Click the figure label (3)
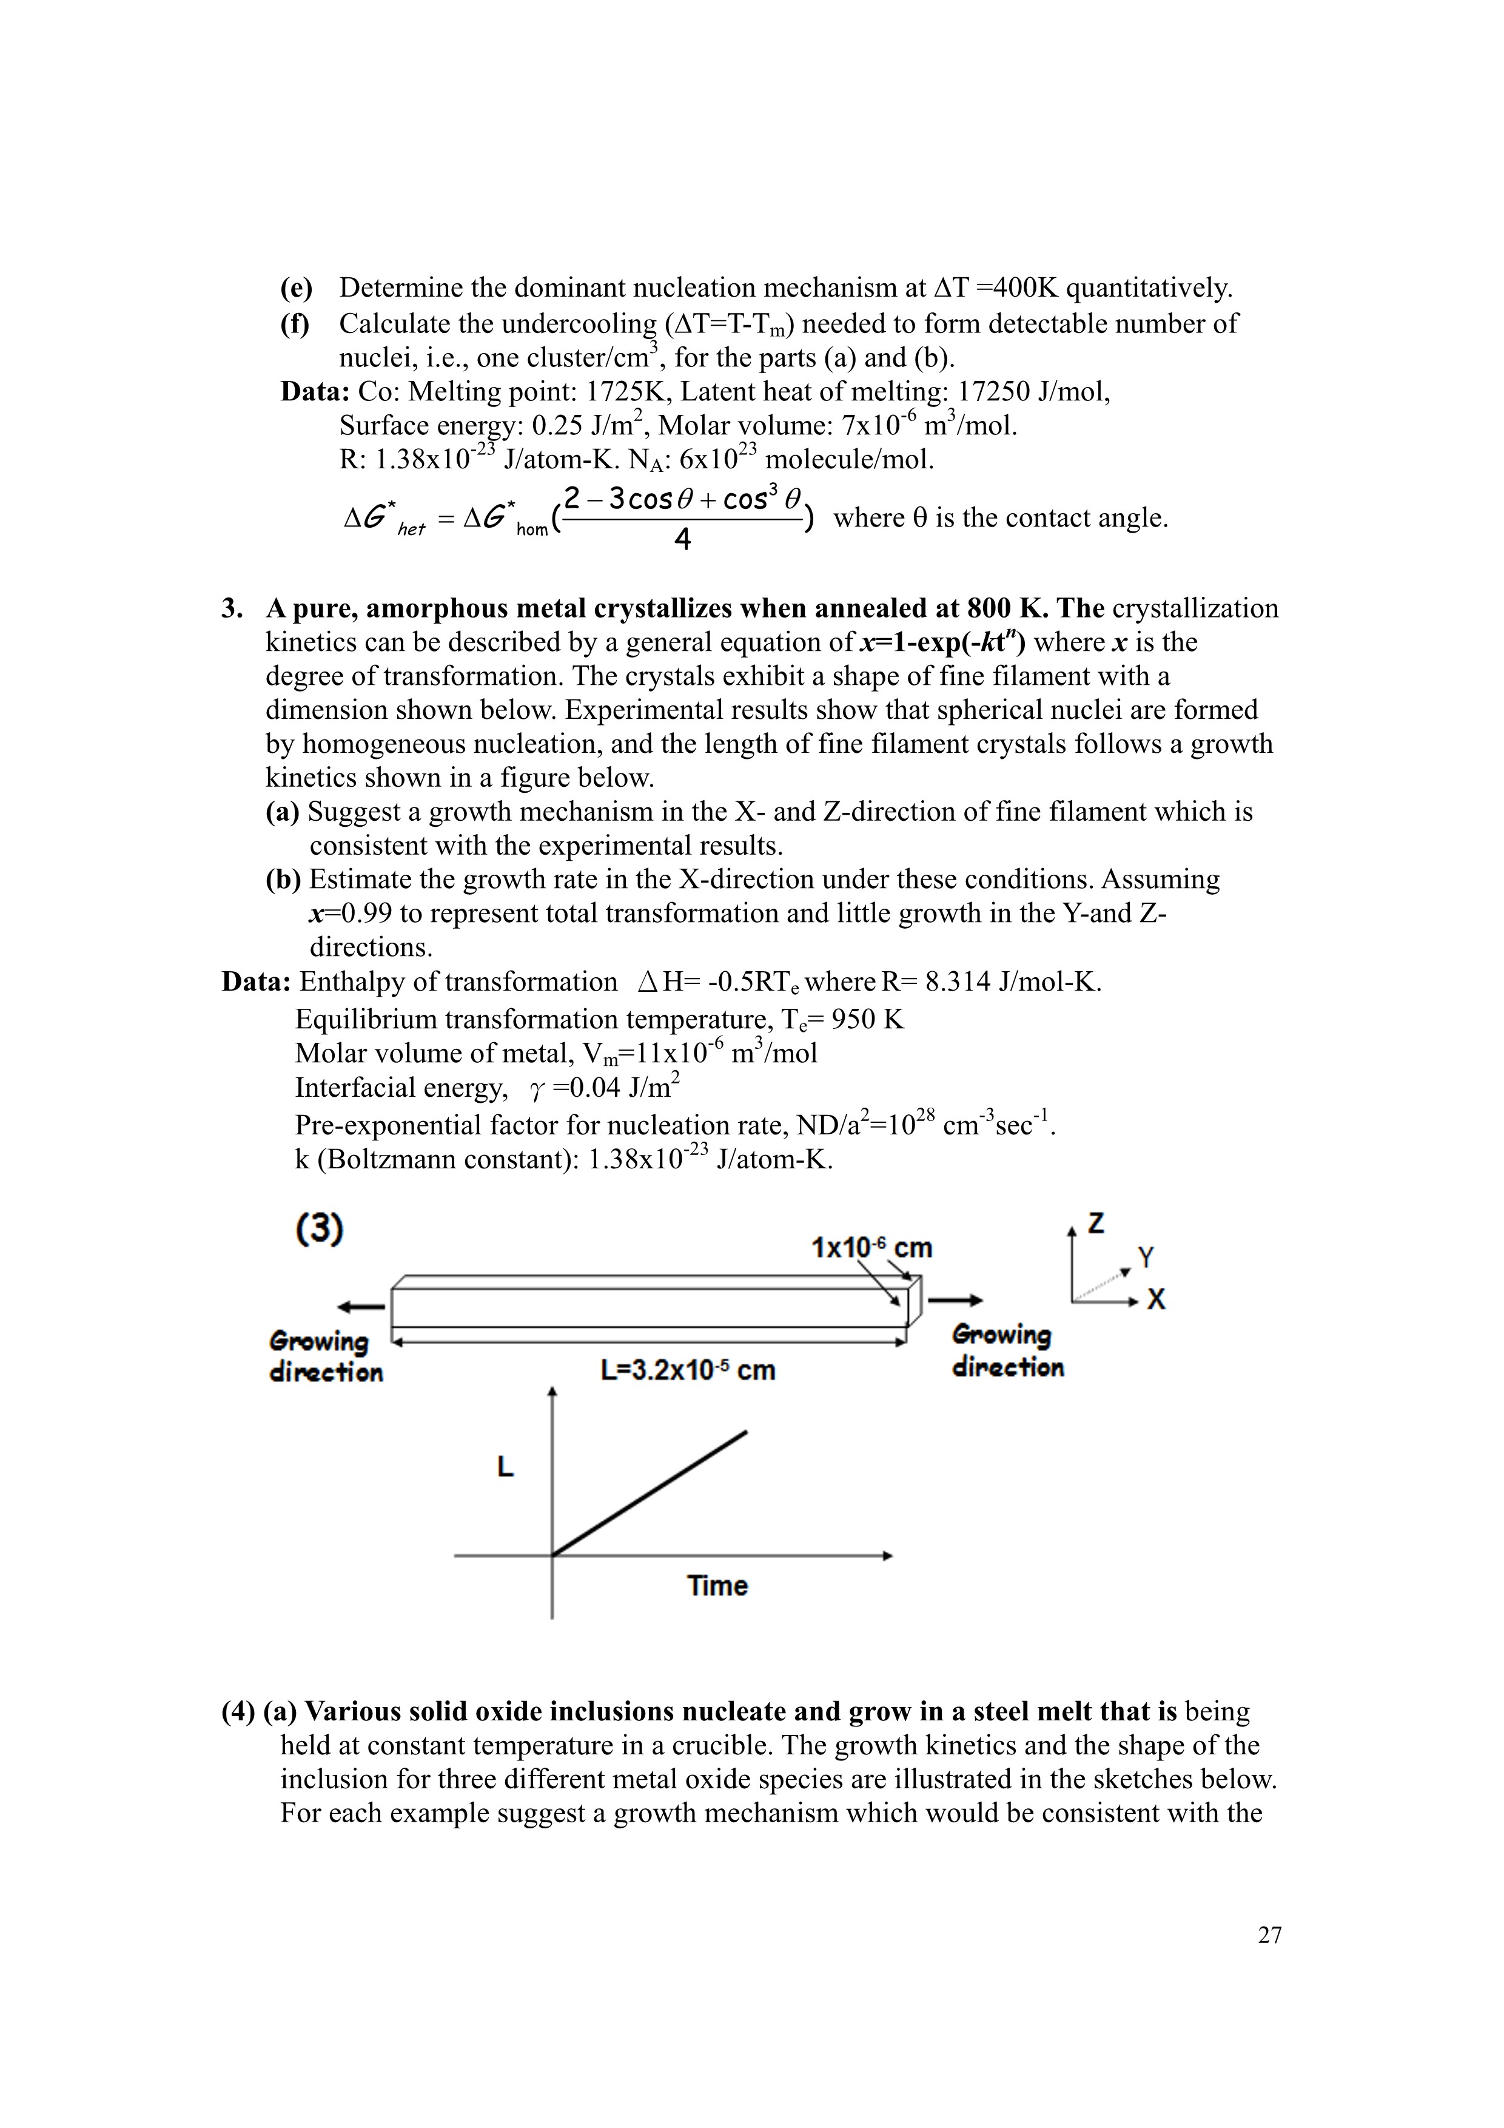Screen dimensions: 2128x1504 point(320,1230)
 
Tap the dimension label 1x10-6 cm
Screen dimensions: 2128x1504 point(871,1248)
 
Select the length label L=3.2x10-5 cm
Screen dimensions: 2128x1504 point(688,1370)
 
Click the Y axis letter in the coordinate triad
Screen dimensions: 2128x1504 point(1146,1258)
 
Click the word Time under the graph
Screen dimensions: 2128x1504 point(717,1586)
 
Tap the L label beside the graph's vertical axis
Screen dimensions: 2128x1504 point(505,1467)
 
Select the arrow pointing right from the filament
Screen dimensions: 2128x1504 point(955,1301)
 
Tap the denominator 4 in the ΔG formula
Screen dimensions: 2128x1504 point(682,539)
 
